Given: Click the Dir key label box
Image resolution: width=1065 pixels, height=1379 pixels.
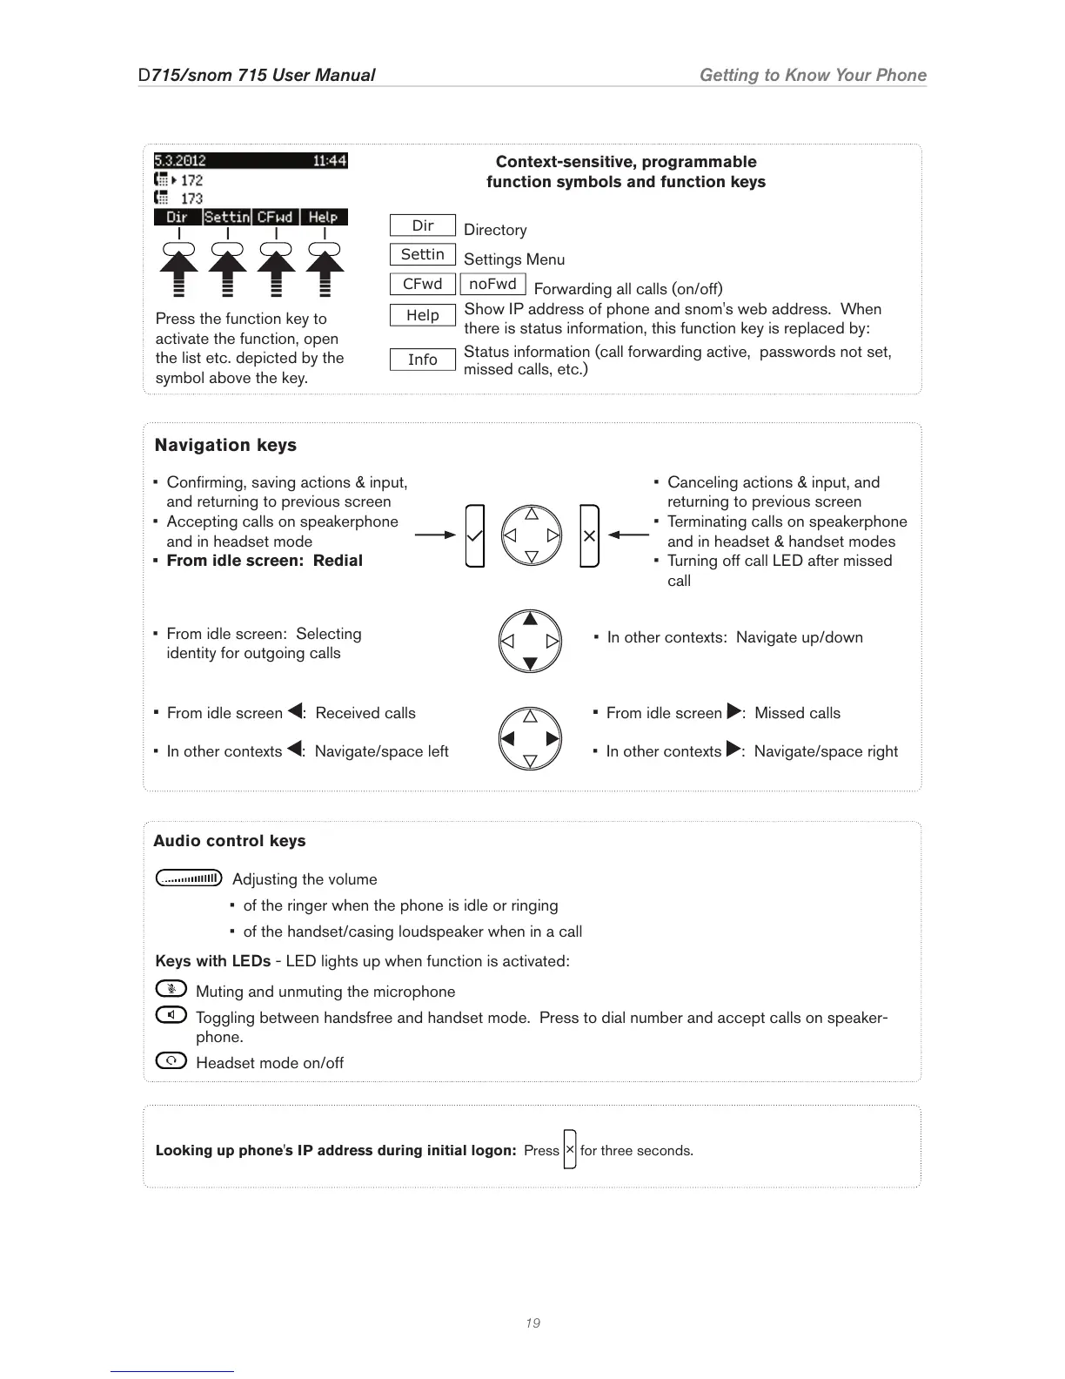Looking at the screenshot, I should [422, 225].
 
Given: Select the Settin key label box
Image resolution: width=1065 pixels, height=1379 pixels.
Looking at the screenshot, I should [422, 254].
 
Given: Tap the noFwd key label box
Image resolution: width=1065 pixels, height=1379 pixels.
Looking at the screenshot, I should [492, 284].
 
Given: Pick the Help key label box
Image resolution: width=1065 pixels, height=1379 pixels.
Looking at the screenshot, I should [422, 315].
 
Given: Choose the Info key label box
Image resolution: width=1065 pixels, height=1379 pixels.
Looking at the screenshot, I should [422, 360].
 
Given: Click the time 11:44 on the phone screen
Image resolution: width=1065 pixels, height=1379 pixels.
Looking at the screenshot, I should [330, 161].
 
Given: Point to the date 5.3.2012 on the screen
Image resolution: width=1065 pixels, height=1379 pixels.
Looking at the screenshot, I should [180, 161].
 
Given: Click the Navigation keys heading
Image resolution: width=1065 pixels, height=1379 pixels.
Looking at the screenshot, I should [225, 445].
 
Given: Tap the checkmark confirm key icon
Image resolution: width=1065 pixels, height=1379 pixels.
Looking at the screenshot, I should [474, 535].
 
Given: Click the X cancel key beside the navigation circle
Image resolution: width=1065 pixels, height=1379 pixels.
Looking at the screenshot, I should [589, 535].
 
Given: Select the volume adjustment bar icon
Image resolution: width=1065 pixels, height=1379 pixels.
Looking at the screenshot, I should [189, 878].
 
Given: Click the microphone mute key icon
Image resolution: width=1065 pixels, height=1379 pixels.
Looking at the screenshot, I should [171, 989].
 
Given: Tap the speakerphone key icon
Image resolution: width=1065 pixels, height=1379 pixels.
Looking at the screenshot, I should [171, 1014].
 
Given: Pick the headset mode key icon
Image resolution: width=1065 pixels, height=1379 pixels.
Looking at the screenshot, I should [171, 1060].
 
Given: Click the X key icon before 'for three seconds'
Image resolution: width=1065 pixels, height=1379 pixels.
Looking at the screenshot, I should [570, 1149].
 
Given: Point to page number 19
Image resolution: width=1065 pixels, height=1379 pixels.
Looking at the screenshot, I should [532, 1323].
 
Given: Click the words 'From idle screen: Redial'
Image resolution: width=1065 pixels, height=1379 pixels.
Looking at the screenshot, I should [265, 561].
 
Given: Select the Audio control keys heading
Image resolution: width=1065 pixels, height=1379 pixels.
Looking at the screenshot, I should [230, 841].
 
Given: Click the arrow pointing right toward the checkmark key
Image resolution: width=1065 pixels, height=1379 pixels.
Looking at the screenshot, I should [435, 535].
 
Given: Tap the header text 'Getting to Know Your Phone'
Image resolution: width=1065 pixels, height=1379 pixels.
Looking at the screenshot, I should [813, 75].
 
